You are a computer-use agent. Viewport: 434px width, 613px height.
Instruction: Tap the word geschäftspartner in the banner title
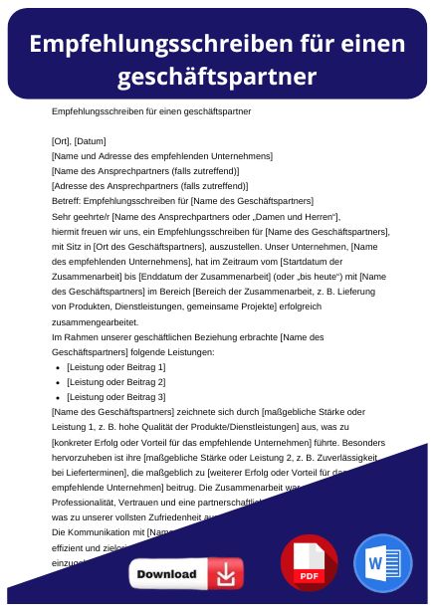coord(216,77)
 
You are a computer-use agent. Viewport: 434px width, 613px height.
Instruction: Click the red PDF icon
coord(310,563)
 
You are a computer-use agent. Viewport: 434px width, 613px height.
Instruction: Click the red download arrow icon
coord(227,574)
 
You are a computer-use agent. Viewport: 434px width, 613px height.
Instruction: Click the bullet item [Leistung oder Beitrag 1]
coord(115,367)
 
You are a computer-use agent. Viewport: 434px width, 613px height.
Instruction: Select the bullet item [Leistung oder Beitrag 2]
coord(115,382)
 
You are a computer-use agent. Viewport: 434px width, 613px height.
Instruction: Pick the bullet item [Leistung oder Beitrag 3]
coord(115,397)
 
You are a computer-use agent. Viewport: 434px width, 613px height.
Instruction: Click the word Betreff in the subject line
coord(66,201)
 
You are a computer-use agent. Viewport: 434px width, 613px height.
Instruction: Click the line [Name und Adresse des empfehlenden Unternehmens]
coord(147,155)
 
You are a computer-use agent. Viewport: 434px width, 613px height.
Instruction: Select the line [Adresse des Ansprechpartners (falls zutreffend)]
coord(135,185)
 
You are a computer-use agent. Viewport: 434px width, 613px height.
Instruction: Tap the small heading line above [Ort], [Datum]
coord(150,111)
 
